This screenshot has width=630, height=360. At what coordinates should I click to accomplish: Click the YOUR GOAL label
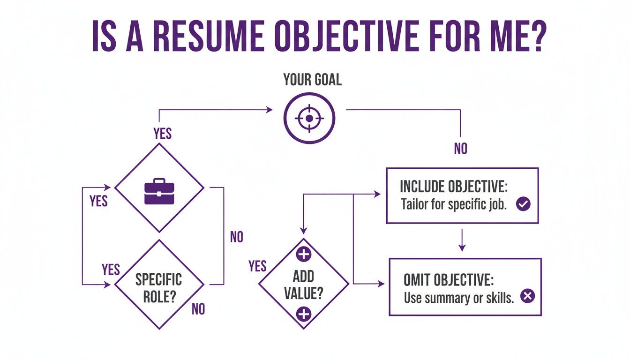312,80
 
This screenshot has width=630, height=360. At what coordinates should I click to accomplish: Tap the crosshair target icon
309,118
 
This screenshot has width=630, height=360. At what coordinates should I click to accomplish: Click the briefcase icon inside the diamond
159,191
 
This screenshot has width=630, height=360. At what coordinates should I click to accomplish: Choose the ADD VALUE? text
304,284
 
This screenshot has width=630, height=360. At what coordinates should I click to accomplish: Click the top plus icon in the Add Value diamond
304,255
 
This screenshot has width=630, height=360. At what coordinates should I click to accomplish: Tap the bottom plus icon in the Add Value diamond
304,314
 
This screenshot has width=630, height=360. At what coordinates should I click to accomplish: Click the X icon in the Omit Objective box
528,296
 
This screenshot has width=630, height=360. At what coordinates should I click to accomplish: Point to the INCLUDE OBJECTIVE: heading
453,186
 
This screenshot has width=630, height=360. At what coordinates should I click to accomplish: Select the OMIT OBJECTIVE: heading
448,280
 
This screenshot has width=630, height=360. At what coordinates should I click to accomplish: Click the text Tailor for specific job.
454,205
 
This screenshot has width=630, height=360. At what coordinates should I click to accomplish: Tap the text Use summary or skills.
458,298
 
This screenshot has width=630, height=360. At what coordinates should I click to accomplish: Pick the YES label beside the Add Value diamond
257,266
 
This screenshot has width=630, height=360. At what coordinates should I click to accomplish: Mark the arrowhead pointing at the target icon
269,110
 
